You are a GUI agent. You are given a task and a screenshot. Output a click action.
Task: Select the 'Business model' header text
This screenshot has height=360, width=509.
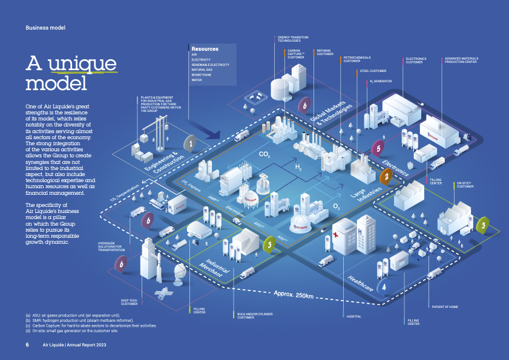click(45, 28)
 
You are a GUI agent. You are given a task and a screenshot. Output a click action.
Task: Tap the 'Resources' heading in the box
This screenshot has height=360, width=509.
click(205, 48)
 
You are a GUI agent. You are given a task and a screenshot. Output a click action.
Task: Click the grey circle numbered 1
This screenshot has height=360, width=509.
click(191, 144)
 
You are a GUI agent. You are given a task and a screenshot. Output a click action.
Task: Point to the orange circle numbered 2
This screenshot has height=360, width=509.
click(386, 176)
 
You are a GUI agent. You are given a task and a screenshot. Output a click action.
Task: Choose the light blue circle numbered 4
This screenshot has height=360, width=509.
click(383, 286)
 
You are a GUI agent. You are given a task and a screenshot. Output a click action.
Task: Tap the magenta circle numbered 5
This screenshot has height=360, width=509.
click(378, 148)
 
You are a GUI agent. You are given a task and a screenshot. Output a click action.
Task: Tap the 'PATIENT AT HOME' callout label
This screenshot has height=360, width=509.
click(444, 307)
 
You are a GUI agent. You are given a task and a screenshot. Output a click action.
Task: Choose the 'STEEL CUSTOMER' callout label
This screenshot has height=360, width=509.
click(373, 71)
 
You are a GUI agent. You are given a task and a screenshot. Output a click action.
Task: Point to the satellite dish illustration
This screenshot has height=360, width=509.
click(180, 273)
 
